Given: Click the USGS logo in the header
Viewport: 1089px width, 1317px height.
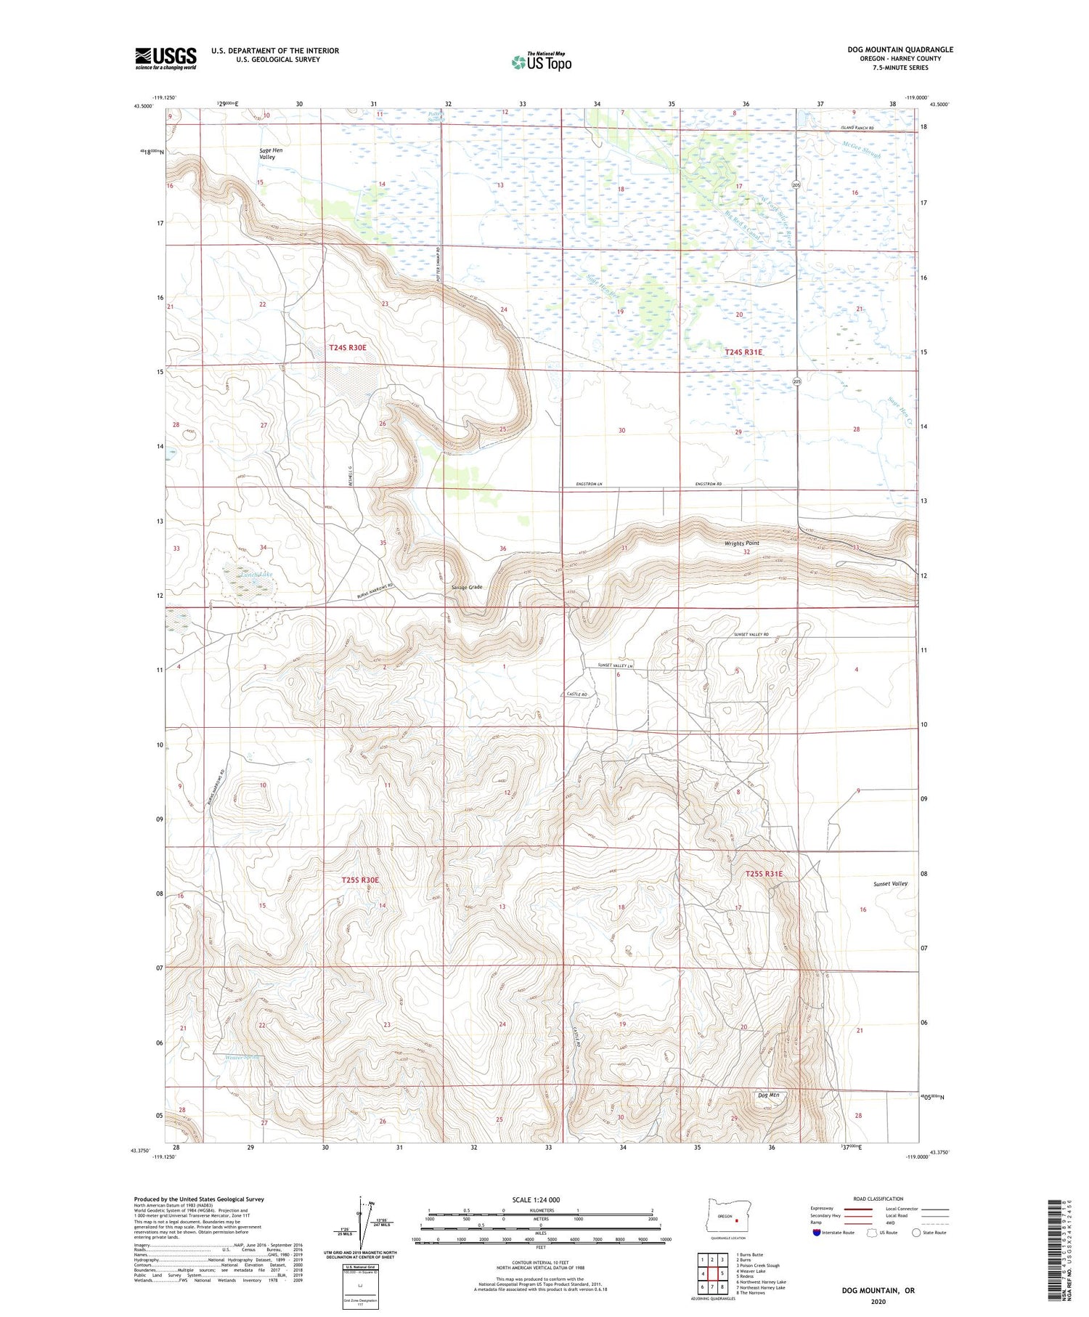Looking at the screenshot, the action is click(x=166, y=58).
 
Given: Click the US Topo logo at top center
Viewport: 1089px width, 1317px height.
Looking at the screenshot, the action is click(x=541, y=62).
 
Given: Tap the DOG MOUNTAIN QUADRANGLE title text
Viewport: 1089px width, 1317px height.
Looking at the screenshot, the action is click(x=900, y=49).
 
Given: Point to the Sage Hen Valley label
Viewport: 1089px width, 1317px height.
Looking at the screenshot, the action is click(x=271, y=153).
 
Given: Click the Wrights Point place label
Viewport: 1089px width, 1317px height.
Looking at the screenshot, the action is click(x=741, y=543).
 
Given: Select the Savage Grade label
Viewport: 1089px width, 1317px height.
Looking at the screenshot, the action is click(x=466, y=587).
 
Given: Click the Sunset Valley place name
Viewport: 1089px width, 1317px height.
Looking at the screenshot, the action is click(x=890, y=883).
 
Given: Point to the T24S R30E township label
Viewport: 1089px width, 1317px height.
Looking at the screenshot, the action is click(x=348, y=348).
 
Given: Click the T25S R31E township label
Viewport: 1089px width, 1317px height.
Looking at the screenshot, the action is click(x=764, y=874).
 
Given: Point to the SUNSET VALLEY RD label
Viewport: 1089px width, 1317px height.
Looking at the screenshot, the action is click(x=751, y=634).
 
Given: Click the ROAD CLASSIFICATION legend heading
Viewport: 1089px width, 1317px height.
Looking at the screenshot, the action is click(x=878, y=1199).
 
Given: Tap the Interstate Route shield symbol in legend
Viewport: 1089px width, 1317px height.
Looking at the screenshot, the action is click(x=816, y=1233).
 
